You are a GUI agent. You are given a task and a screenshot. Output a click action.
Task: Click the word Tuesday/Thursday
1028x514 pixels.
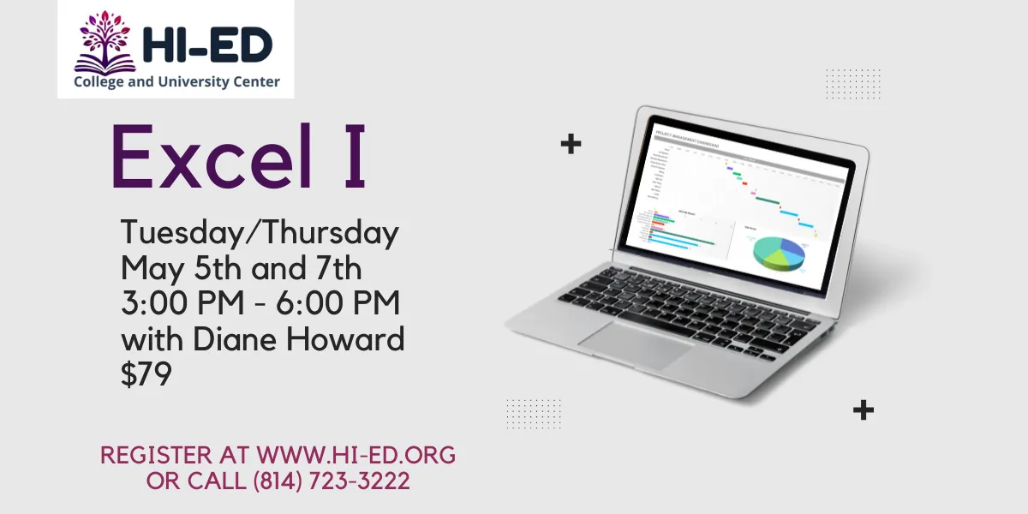click(x=260, y=233)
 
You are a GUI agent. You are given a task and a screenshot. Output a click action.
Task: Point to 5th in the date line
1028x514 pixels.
click(x=219, y=269)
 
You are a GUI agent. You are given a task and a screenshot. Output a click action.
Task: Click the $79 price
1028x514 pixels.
click(x=146, y=375)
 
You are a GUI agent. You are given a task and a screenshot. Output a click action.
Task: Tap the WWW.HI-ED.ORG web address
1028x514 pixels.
click(x=356, y=455)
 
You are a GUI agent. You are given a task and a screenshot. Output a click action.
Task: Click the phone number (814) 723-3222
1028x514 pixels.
click(x=332, y=481)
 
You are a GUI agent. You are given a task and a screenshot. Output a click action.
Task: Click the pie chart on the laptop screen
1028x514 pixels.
click(x=780, y=251)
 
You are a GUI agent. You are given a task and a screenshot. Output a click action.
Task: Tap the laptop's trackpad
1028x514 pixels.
click(x=635, y=344)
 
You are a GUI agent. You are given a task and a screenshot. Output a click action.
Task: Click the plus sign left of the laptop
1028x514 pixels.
click(x=571, y=144)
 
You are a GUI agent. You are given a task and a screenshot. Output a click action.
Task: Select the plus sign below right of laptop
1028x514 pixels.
click(x=864, y=410)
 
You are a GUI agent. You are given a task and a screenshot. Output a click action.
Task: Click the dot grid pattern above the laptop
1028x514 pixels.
click(x=853, y=84)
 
